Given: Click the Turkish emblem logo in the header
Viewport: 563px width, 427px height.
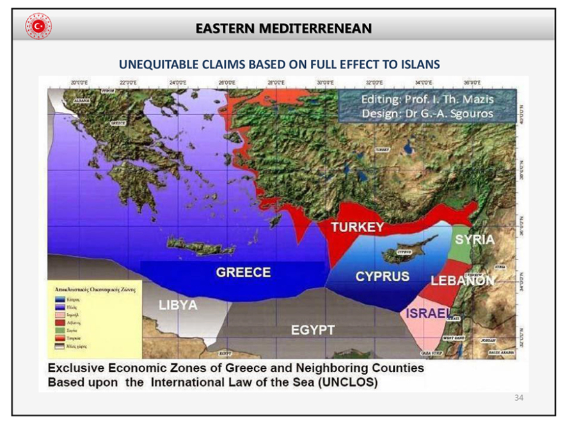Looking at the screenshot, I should [38, 26].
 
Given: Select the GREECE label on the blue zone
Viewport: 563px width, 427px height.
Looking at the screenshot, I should [243, 272].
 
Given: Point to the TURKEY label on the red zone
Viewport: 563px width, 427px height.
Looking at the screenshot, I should [357, 228].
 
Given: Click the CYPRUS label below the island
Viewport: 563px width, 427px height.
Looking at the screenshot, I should [383, 277].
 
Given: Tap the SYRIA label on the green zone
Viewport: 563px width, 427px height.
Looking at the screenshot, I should [474, 240].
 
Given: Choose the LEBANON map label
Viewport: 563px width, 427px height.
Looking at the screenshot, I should [462, 281].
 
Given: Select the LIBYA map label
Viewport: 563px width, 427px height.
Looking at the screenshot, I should [178, 305].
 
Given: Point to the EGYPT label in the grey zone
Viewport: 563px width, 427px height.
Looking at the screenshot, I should [313, 330].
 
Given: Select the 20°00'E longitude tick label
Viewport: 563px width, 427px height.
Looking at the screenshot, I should [79, 82].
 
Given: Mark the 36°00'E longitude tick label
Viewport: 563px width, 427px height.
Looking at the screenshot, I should [472, 82].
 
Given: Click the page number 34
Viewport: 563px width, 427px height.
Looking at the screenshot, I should [519, 398].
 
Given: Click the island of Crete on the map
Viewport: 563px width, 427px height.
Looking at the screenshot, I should [192, 245].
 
